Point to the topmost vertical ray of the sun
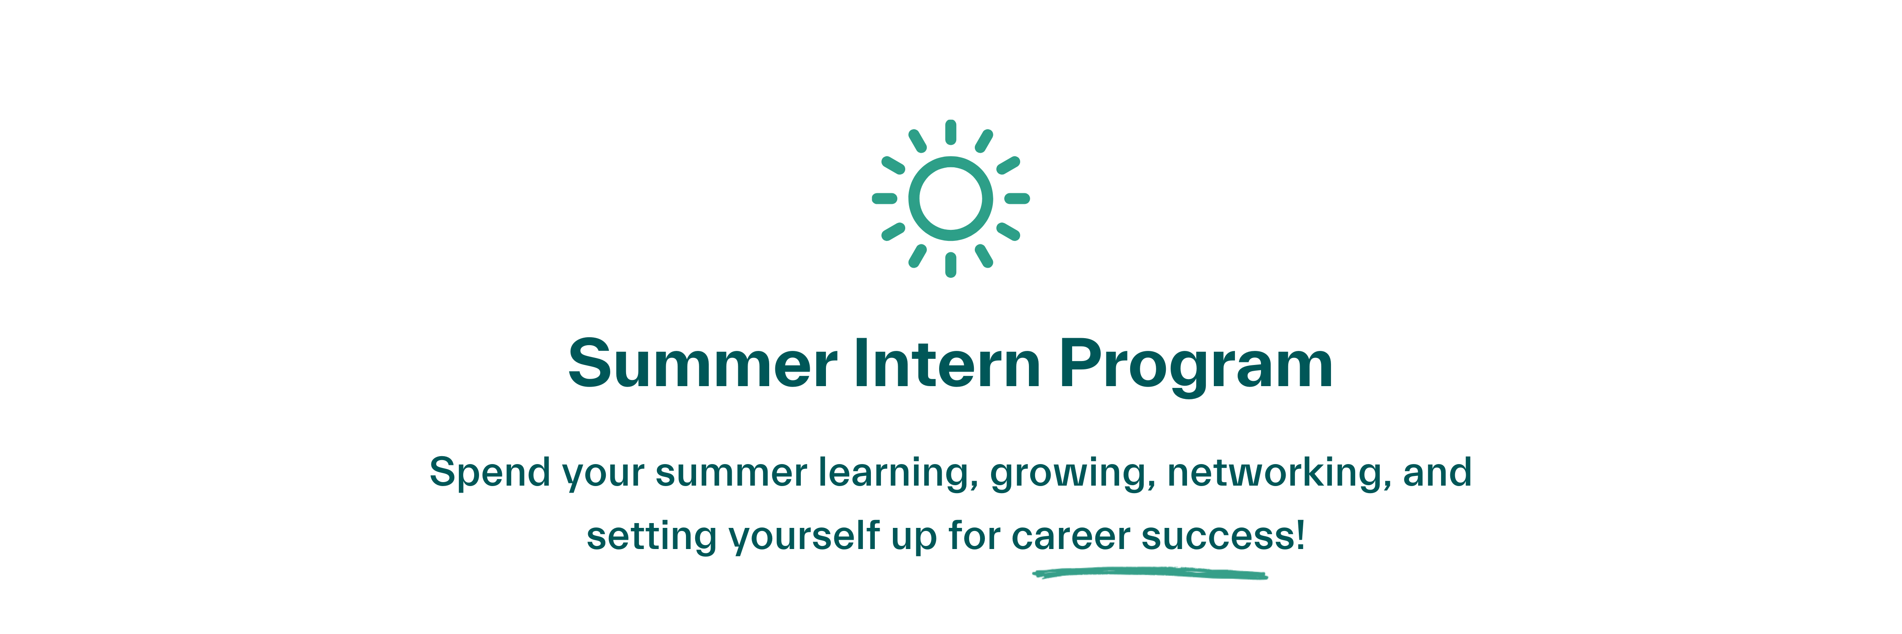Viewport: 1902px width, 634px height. [951, 132]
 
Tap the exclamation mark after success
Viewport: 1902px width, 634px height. [1300, 534]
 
